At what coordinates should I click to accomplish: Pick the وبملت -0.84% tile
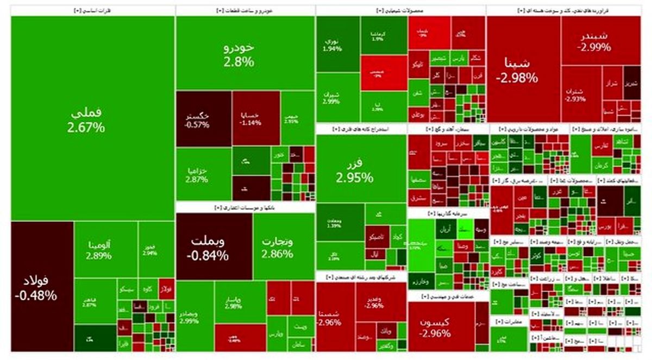click(x=214, y=247)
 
